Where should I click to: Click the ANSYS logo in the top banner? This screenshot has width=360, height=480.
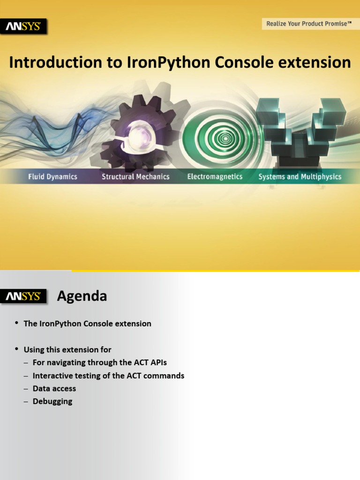click(23, 27)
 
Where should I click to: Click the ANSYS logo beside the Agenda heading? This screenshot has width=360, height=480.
click(23, 297)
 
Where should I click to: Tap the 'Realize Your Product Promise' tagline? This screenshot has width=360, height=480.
click(309, 23)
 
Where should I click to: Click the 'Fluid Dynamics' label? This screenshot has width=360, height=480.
click(52, 177)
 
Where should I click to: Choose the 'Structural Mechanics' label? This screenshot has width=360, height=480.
click(135, 177)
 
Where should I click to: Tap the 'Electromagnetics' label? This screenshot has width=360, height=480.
click(215, 177)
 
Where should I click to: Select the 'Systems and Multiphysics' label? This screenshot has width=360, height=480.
click(300, 177)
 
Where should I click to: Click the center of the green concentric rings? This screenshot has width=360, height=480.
click(225, 138)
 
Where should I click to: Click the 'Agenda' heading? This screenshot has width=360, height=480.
click(82, 296)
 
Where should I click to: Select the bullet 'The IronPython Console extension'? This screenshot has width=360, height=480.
click(87, 324)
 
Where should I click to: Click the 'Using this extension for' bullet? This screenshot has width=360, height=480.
click(67, 350)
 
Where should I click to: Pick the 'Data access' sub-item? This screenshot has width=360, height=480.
click(54, 389)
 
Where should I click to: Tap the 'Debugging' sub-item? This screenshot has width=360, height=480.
click(52, 401)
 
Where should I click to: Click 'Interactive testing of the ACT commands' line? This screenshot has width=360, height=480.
click(108, 376)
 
